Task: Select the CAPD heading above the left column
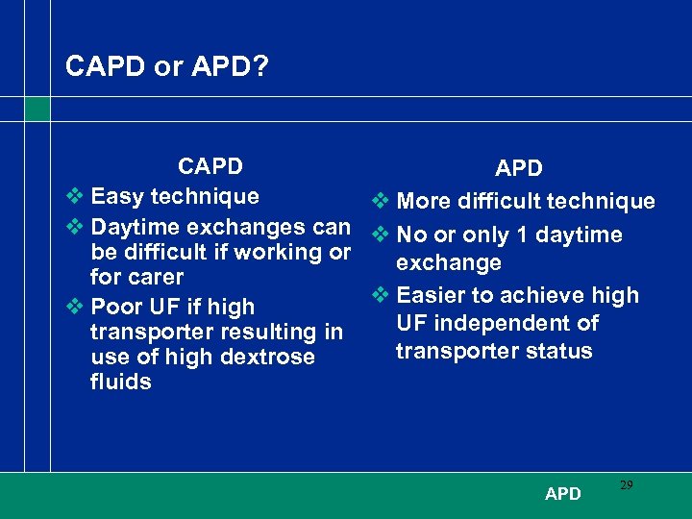210,166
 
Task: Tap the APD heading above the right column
519,169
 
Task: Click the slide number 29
626,485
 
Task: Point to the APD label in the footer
562,494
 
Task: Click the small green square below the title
37,109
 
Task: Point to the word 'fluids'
120,382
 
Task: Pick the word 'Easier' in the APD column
431,295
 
